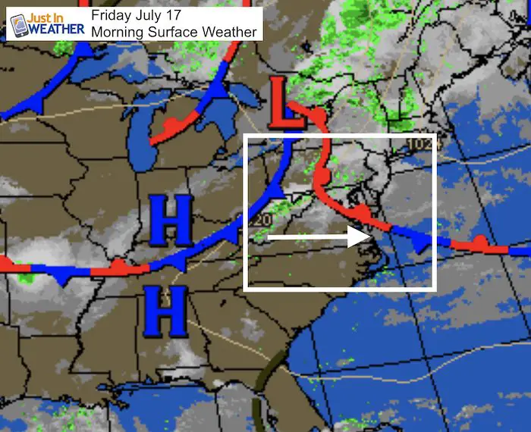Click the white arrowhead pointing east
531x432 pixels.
(358, 236)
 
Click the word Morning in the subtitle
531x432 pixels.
(116, 32)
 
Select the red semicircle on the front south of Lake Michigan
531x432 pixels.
(171, 124)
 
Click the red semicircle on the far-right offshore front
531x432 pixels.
(479, 243)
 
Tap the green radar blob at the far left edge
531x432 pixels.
(26, 275)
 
